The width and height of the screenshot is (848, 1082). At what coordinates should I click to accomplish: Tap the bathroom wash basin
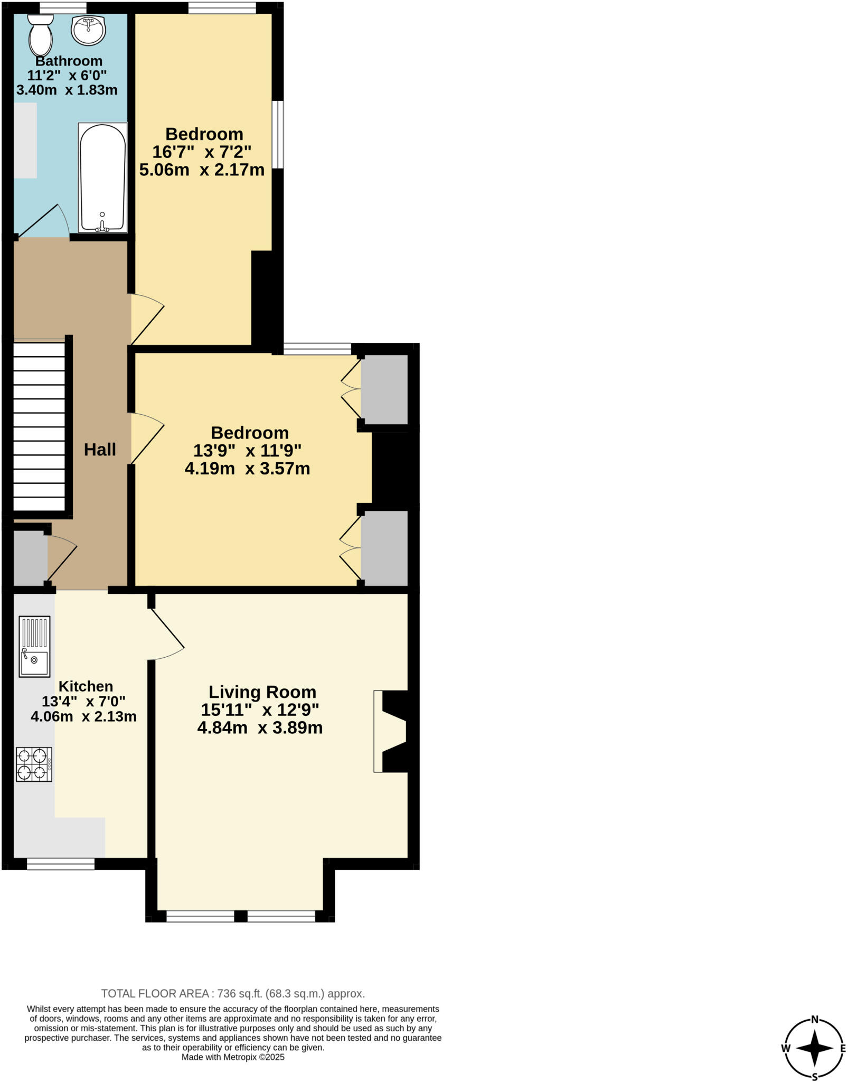tap(89, 30)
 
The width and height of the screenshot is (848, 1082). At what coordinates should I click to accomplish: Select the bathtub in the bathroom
tap(102, 178)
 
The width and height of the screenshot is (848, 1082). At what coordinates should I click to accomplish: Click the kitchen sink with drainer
tap(35, 646)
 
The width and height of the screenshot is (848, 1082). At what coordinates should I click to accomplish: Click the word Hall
tap(100, 450)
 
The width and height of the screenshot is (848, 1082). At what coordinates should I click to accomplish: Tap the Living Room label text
tap(262, 692)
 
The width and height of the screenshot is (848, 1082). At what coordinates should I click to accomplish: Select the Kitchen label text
tap(86, 686)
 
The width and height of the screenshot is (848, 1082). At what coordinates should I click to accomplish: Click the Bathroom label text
tap(69, 61)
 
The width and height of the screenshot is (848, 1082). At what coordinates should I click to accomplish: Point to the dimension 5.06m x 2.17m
tap(202, 170)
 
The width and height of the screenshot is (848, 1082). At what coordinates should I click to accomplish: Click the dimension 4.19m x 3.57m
tap(247, 469)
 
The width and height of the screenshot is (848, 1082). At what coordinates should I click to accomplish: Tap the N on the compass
tap(815, 1020)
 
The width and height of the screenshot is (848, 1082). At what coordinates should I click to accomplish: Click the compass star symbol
tap(815, 1048)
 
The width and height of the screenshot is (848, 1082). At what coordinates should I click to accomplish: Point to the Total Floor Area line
tap(233, 993)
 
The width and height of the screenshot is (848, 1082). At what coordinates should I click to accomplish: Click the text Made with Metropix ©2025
tap(233, 1057)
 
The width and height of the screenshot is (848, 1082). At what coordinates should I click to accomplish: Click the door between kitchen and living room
tap(167, 632)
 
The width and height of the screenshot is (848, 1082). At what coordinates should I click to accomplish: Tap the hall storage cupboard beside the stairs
tap(30, 561)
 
